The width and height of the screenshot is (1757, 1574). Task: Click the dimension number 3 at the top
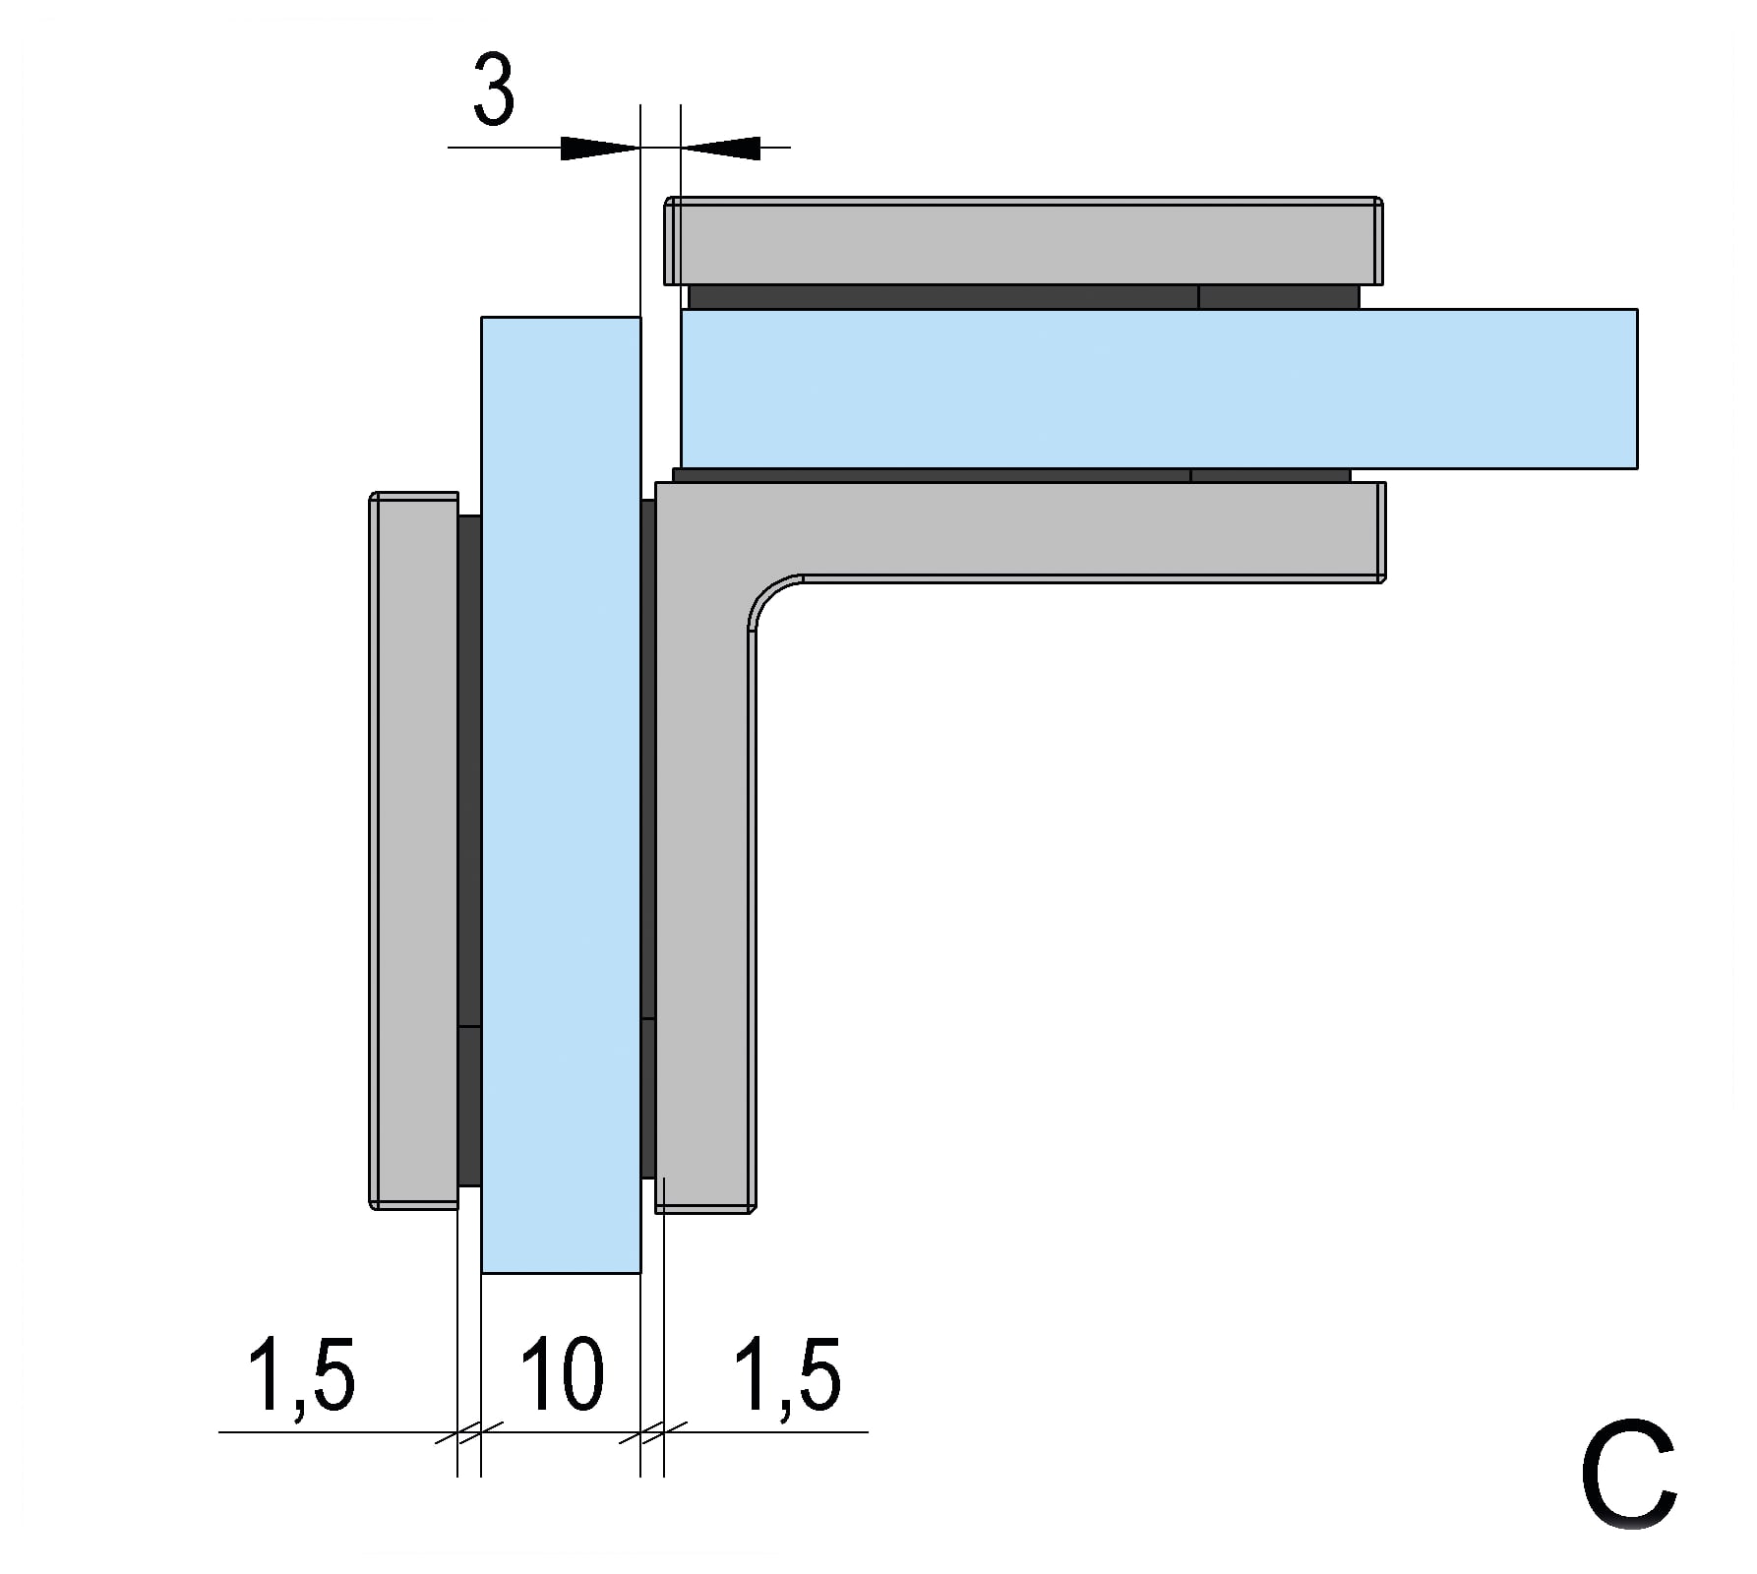tap(493, 90)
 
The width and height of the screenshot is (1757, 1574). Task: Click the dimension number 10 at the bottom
tap(562, 1373)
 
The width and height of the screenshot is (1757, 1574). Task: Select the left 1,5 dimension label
tap(301, 1375)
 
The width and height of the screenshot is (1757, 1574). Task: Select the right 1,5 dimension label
tap(788, 1375)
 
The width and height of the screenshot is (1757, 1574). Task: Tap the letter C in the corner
tap(1628, 1474)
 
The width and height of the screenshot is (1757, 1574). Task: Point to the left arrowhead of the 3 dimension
tap(600, 148)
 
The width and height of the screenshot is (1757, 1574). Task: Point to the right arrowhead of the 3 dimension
tap(721, 148)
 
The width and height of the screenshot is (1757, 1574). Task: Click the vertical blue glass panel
tap(561, 795)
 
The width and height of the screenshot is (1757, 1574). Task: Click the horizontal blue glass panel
tap(1159, 389)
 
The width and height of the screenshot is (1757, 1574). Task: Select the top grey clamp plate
tap(1023, 241)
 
